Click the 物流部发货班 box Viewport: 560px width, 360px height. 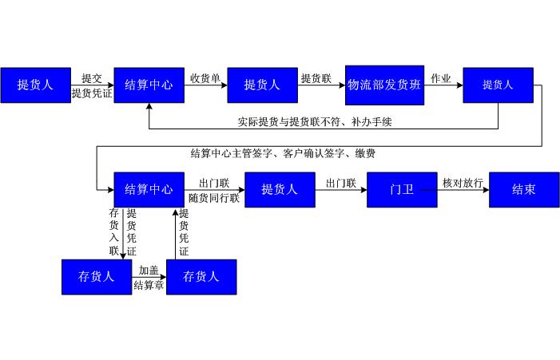tap(384, 85)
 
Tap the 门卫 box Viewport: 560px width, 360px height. tap(402, 190)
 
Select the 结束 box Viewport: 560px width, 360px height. tap(523, 190)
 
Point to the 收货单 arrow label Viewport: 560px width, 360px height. tap(205, 78)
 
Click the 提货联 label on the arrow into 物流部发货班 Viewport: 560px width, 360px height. tap(316, 78)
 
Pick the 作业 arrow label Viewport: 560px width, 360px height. tap(441, 78)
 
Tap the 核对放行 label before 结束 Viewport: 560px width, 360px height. tap(463, 183)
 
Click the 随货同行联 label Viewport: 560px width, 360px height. tap(214, 198)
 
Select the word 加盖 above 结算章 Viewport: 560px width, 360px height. tap(149, 271)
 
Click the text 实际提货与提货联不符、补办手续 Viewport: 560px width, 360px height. tap(314, 122)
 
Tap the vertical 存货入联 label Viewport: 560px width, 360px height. tap(113, 232)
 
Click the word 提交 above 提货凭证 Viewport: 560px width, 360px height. tap(92, 78)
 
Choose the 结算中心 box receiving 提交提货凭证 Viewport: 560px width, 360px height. tap(149, 85)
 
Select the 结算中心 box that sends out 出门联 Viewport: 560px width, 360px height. tap(149, 190)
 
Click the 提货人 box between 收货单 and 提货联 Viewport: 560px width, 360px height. tap(262, 85)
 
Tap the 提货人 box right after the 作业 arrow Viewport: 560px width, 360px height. tap(498, 85)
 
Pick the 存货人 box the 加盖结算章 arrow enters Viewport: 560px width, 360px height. tap(201, 277)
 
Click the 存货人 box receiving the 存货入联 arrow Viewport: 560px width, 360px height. tap(97, 277)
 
